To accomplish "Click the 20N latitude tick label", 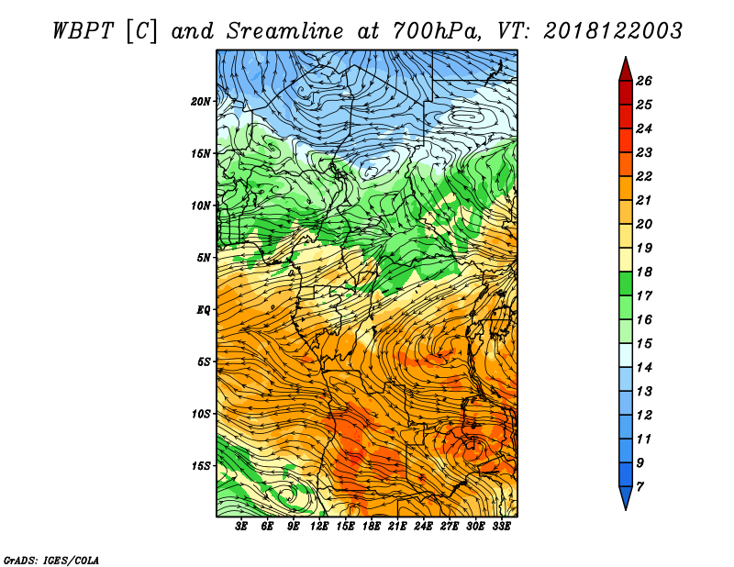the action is pyautogui.click(x=200, y=102).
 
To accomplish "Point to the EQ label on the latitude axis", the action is pyautogui.click(x=204, y=310).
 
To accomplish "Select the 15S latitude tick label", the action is pyautogui.click(x=200, y=466).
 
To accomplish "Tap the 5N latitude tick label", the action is pyautogui.click(x=204, y=258).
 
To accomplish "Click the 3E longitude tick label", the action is pyautogui.click(x=241, y=527).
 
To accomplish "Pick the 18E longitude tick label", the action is pyautogui.click(x=371, y=527).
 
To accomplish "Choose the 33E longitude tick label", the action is pyautogui.click(x=501, y=527).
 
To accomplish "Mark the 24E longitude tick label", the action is pyautogui.click(x=423, y=527).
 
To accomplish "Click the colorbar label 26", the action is pyautogui.click(x=644, y=81).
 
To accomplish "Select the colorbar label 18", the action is pyautogui.click(x=644, y=272).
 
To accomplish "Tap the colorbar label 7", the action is pyautogui.click(x=639, y=487).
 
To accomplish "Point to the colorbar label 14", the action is pyautogui.click(x=644, y=368).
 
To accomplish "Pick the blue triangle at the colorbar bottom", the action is pyautogui.click(x=626, y=495).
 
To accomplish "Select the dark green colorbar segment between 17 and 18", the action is pyautogui.click(x=626, y=283).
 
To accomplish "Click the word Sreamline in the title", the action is pyautogui.click(x=285, y=31).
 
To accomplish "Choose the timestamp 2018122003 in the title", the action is pyautogui.click(x=613, y=31).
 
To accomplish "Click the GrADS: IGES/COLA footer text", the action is pyautogui.click(x=51, y=561).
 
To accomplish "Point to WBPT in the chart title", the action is pyautogui.click(x=83, y=31).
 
